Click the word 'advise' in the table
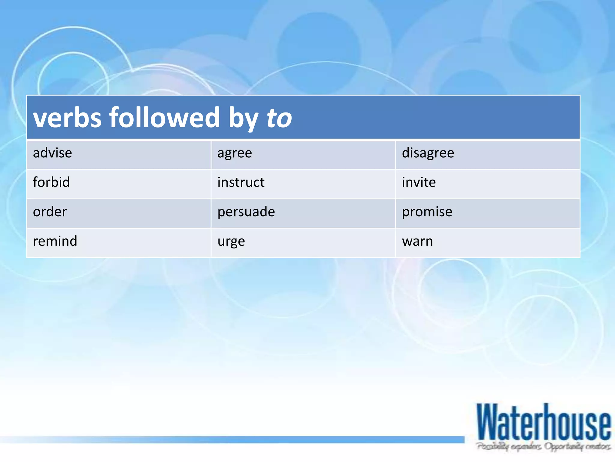(52, 153)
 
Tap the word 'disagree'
(428, 153)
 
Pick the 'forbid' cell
(51, 182)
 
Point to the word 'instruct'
(241, 182)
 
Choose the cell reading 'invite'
(419, 182)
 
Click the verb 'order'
(50, 212)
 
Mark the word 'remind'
(55, 241)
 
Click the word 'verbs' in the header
(67, 118)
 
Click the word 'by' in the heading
(243, 118)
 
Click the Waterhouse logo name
(544, 423)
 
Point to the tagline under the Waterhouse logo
(544, 446)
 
